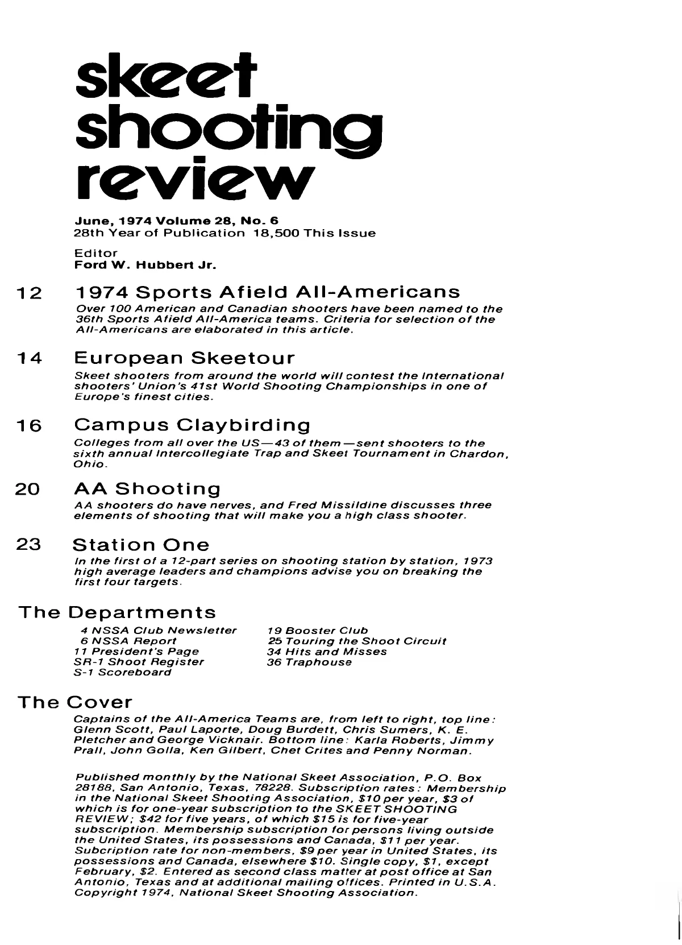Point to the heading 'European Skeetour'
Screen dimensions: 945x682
pyautogui.click(x=185, y=359)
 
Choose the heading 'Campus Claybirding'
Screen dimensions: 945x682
pyautogui.click(x=193, y=425)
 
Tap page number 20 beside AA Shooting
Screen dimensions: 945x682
pyautogui.click(x=28, y=489)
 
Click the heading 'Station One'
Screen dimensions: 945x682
pyautogui.click(x=141, y=545)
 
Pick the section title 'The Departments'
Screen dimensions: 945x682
pyautogui.click(x=118, y=612)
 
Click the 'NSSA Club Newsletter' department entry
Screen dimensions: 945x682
pyautogui.click(x=157, y=631)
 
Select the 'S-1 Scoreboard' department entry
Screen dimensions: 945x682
pyautogui.click(x=123, y=672)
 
